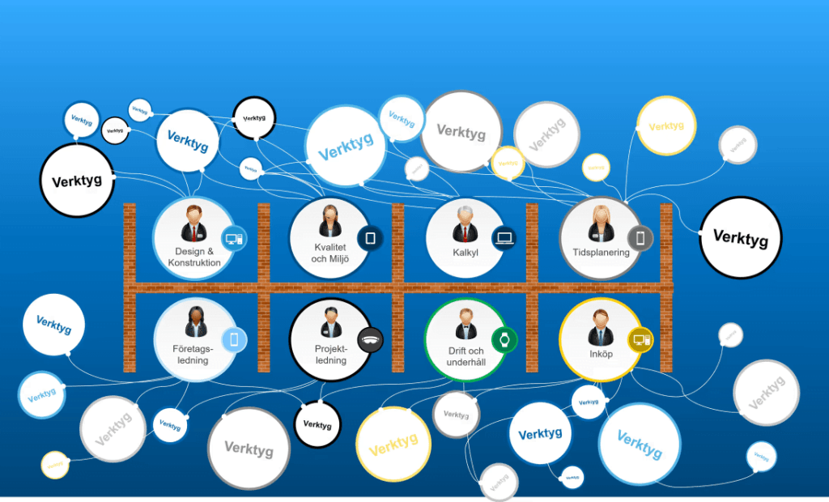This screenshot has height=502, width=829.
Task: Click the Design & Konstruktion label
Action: (194, 257)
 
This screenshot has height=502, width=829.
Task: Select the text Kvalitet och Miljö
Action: (329, 253)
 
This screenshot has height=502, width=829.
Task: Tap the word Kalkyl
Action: (466, 253)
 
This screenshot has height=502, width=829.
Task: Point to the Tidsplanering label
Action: (601, 253)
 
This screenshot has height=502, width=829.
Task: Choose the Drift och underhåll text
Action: (466, 357)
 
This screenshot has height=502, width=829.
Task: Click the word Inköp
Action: (601, 354)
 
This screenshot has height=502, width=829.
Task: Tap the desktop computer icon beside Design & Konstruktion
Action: (234, 239)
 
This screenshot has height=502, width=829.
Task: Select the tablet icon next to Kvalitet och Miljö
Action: (370, 238)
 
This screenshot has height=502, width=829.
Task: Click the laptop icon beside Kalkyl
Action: (504, 238)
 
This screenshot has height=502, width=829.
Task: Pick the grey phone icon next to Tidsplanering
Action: (640, 238)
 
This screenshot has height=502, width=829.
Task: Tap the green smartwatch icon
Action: (504, 339)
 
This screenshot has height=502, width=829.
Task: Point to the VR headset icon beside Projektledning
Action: (370, 340)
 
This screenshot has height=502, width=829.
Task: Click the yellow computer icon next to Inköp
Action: (640, 339)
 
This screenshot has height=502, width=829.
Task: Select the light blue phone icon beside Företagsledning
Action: (234, 340)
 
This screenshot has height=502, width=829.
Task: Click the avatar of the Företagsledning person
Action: (195, 322)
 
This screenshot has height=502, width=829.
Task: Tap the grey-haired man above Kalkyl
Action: (465, 223)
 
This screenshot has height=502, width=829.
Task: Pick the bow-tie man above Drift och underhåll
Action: (465, 325)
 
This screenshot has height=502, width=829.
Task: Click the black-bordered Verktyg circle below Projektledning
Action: (317, 424)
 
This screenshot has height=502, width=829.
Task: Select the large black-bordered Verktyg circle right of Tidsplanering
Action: (741, 238)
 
